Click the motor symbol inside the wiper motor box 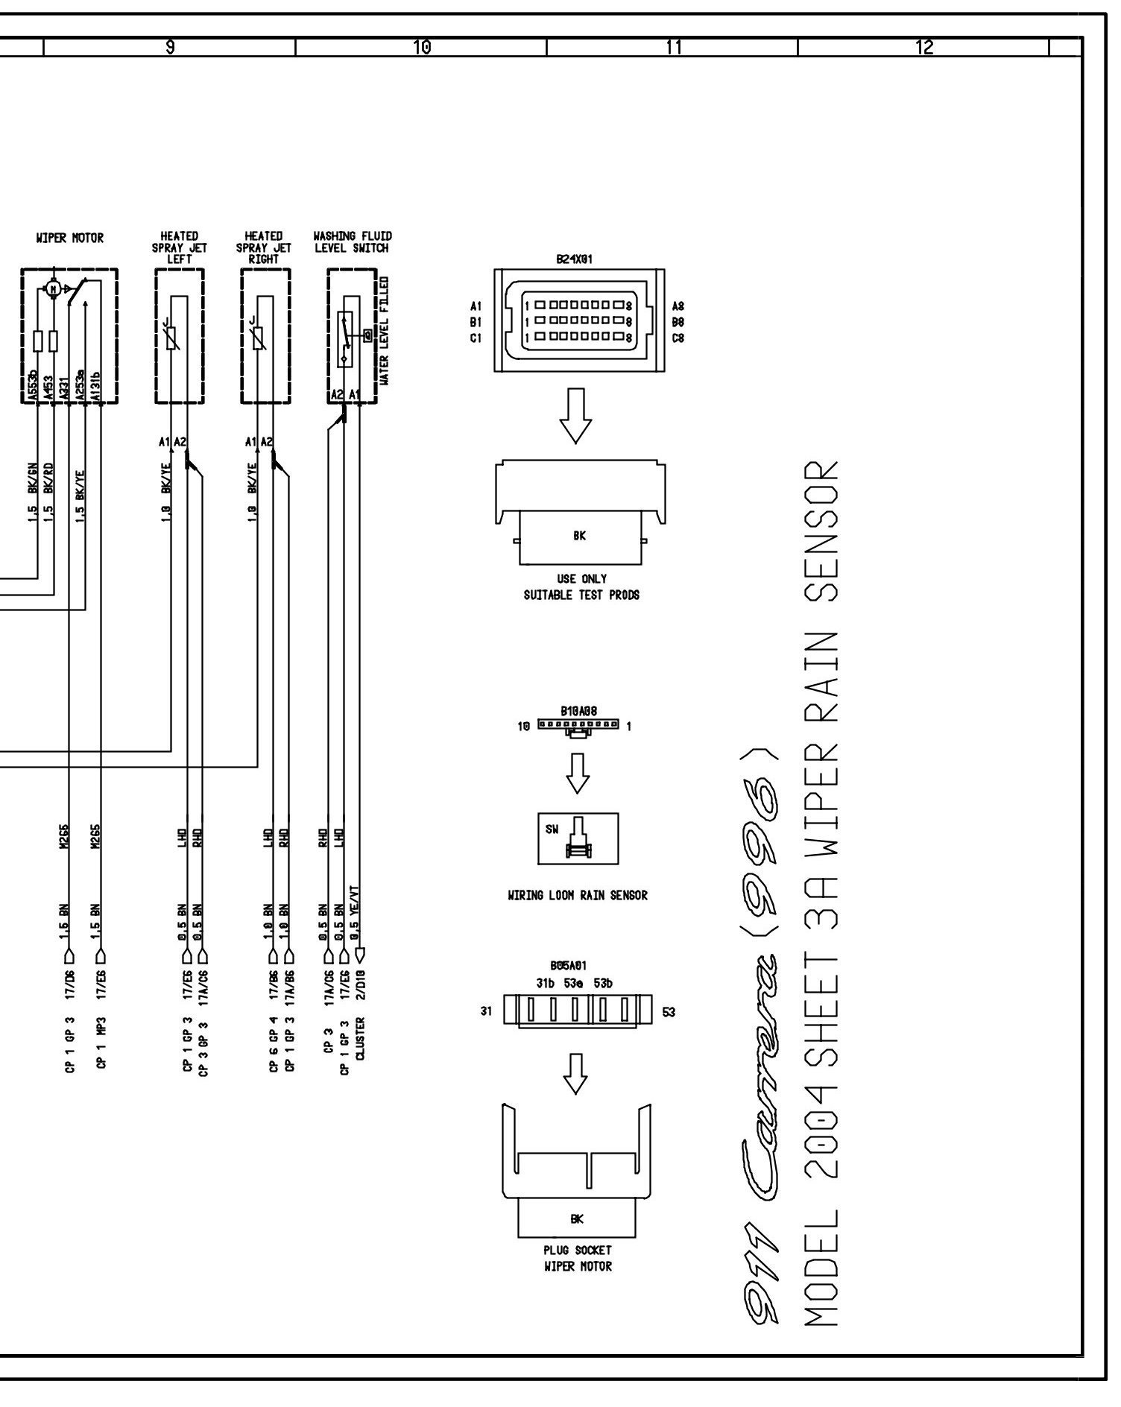pos(52,288)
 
